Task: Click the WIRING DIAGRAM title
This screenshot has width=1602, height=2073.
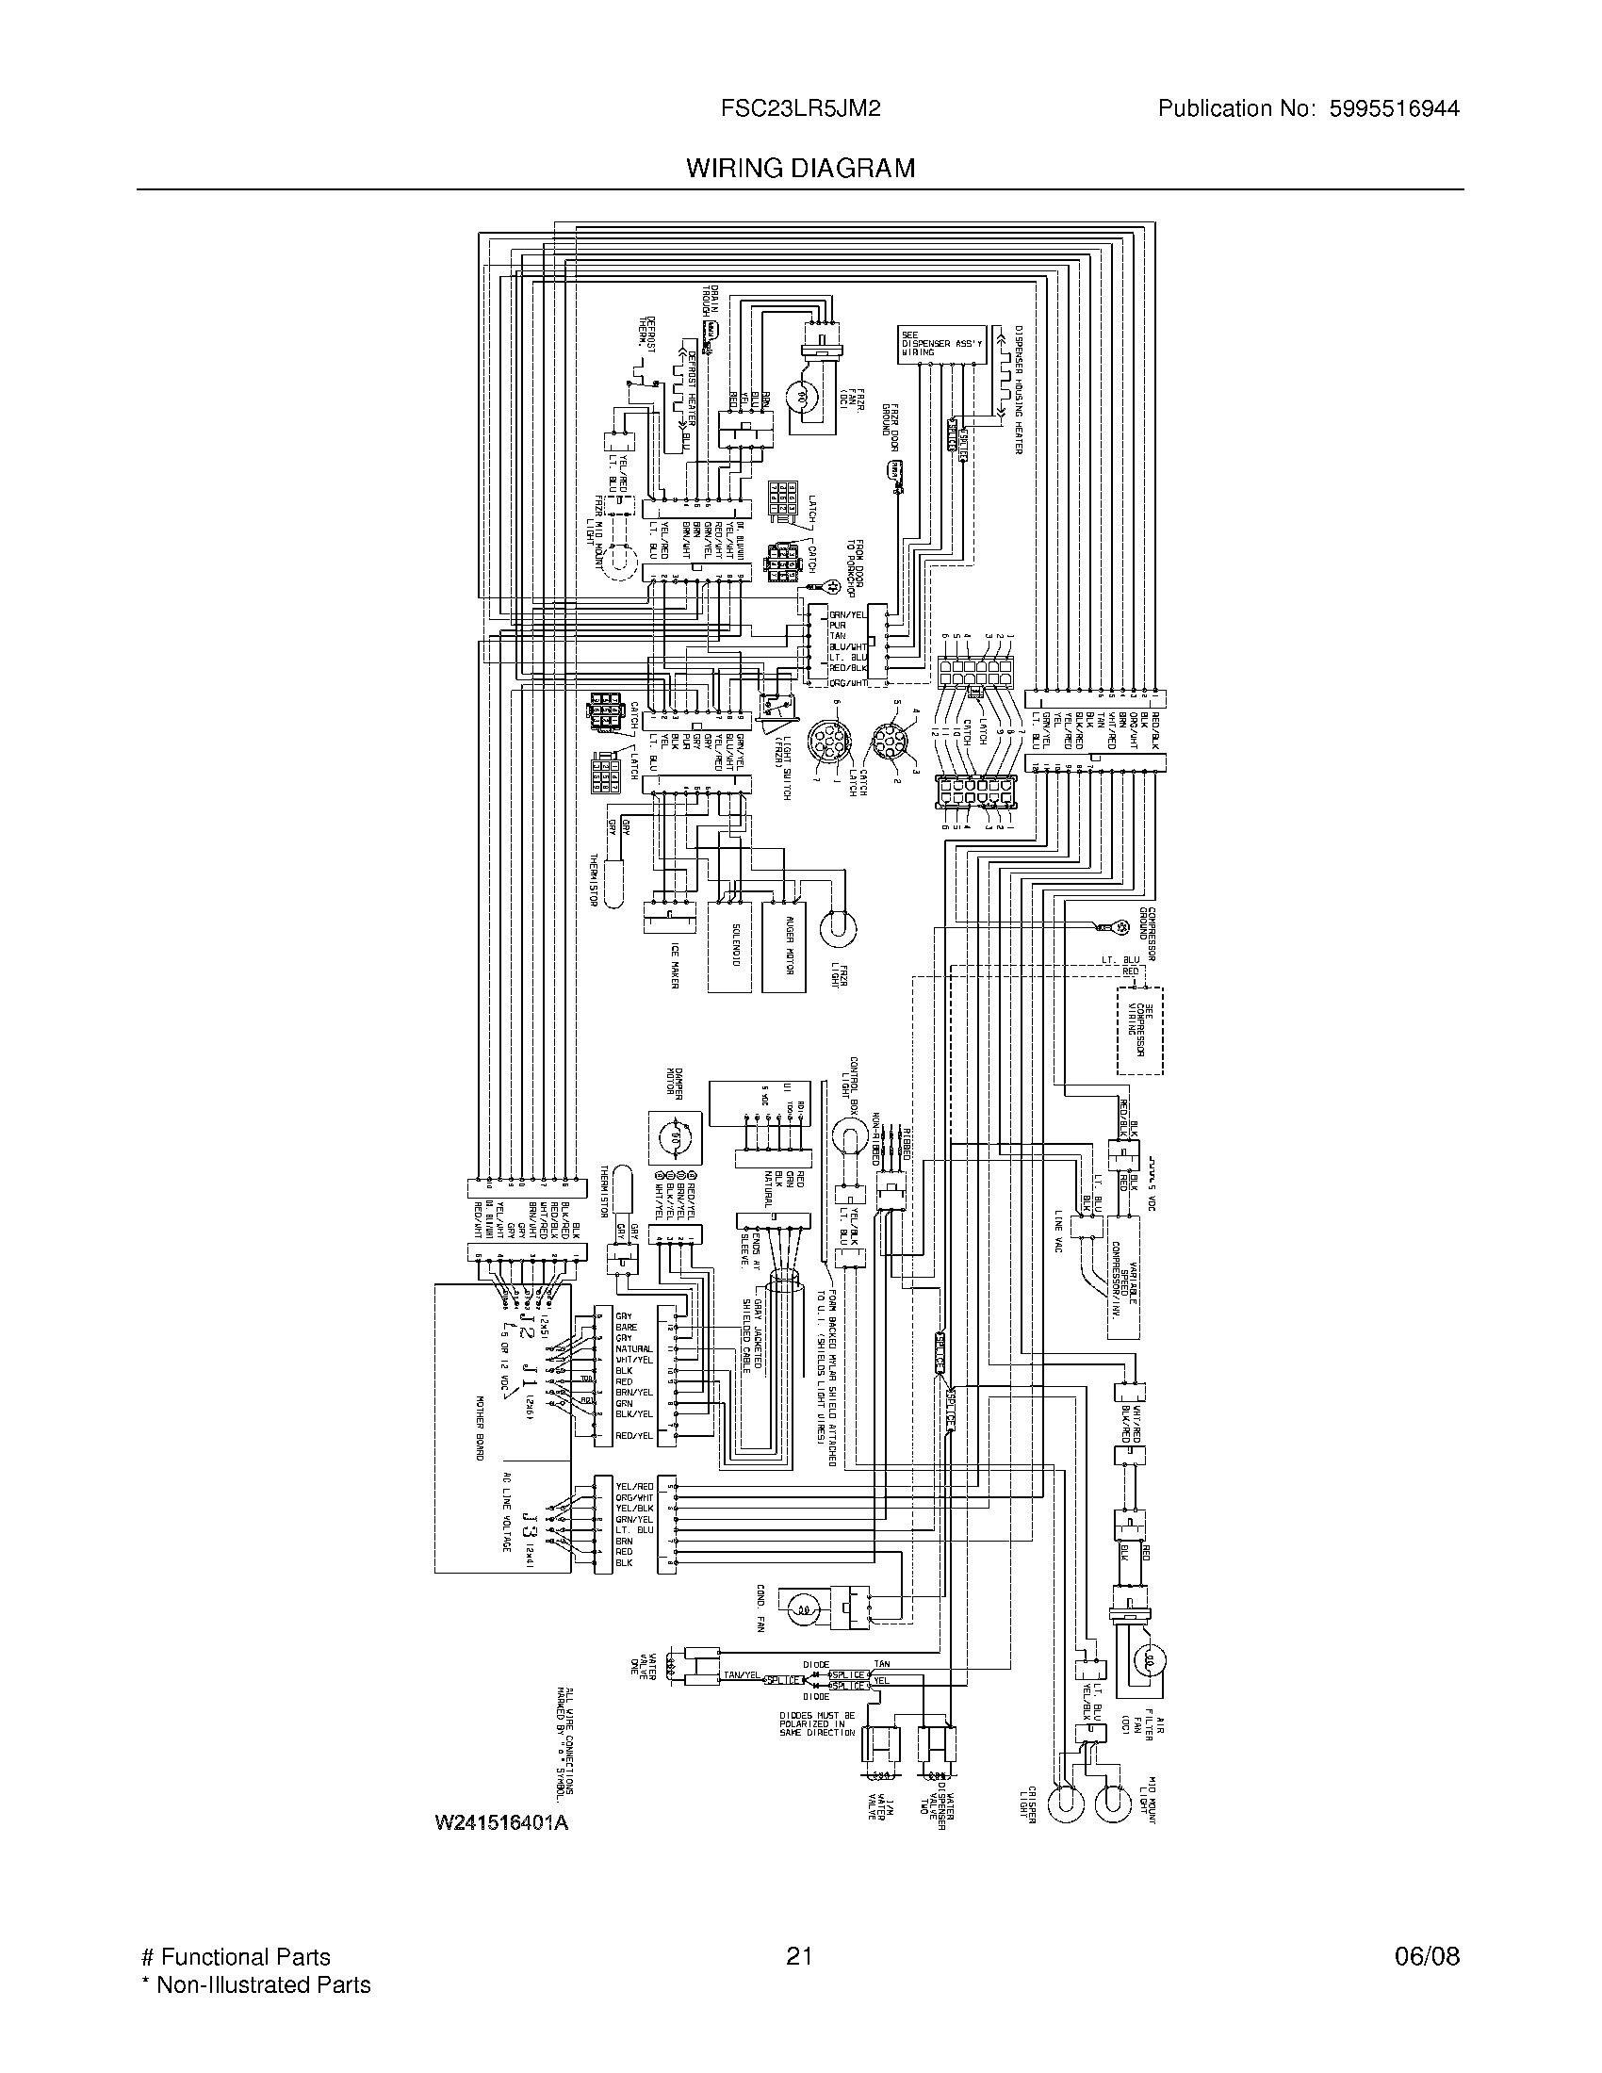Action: coord(800,168)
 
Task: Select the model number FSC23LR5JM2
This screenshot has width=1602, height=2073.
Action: coord(800,109)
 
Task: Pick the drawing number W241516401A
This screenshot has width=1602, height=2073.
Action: coord(501,1823)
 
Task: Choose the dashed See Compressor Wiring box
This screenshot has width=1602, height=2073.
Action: coord(1140,1031)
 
